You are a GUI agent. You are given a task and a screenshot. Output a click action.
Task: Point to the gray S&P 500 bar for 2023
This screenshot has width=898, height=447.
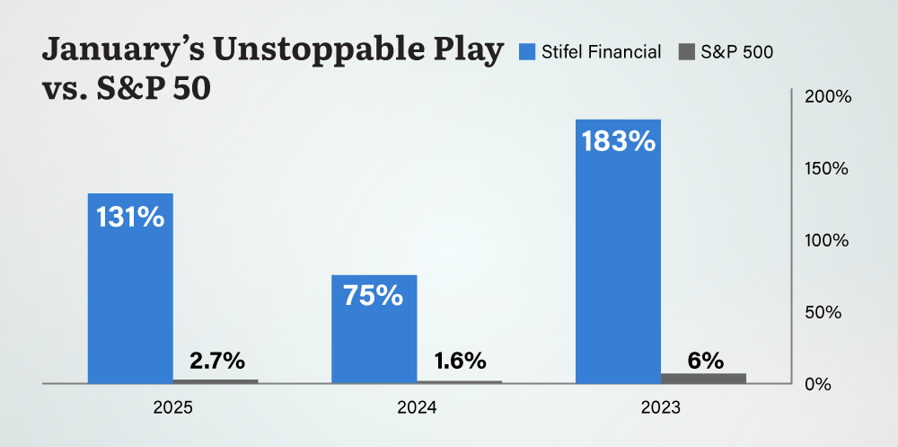coord(703,378)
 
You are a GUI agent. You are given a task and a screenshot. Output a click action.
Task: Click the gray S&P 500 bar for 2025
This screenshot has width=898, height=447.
coord(216,380)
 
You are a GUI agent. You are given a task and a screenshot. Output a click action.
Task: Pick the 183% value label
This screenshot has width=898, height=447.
coord(618,142)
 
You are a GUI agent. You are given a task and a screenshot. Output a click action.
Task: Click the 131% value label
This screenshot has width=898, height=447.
coord(130,217)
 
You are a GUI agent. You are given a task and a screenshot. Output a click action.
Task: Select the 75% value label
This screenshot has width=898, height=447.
coord(374,295)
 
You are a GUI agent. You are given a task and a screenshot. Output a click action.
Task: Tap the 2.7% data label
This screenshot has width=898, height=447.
coord(216,362)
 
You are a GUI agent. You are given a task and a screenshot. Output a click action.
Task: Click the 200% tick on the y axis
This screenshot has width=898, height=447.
coord(828,97)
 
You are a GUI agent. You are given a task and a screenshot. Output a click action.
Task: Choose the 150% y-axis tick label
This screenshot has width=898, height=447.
coord(828,169)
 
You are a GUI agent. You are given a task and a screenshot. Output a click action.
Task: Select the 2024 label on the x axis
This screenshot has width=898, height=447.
coord(417,408)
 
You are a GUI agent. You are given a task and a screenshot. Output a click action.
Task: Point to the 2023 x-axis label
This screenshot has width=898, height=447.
coord(660,408)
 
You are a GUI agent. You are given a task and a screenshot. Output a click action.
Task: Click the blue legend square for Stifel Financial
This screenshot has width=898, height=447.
coord(527,52)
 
